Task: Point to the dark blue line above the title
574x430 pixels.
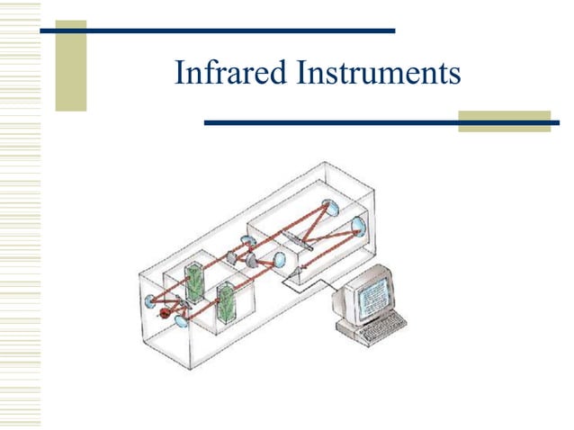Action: tap(216, 31)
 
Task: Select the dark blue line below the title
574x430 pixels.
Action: tap(378, 121)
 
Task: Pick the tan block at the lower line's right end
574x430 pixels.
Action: tap(504, 121)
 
